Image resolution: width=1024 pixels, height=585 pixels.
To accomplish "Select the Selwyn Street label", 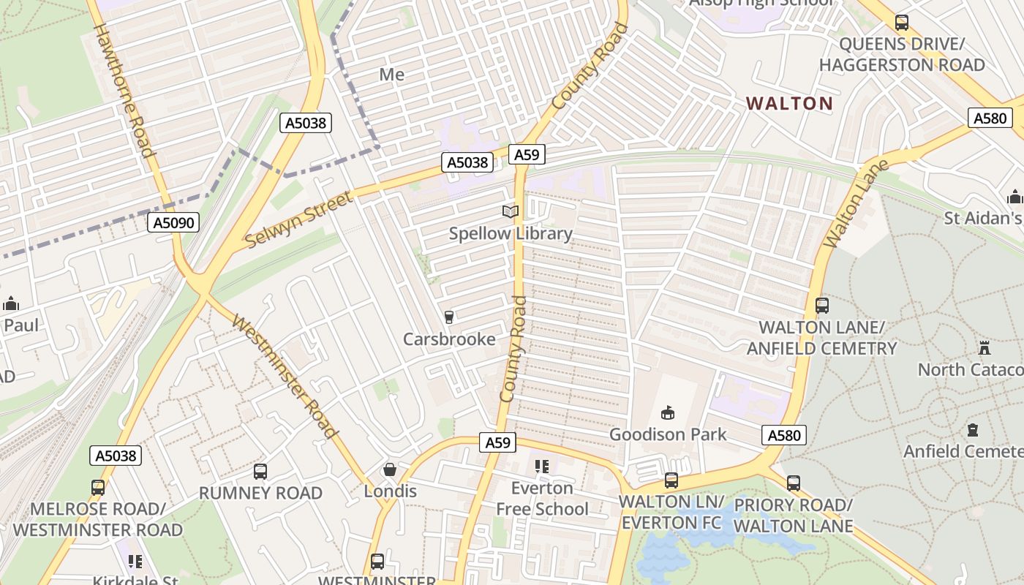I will pyautogui.click(x=298, y=218).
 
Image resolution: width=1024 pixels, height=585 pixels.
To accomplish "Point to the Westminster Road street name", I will pyautogui.click(x=285, y=377).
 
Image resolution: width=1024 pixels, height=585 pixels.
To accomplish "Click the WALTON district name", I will pyautogui.click(x=790, y=104).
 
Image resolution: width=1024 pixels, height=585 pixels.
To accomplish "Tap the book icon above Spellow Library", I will pyautogui.click(x=510, y=212).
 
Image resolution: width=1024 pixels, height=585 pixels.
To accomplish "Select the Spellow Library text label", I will pyautogui.click(x=511, y=233).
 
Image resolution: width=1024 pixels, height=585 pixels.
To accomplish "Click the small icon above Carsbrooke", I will pyautogui.click(x=448, y=317).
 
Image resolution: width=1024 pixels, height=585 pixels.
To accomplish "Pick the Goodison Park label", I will pyautogui.click(x=668, y=434).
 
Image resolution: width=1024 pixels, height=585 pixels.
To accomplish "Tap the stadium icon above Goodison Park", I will pyautogui.click(x=667, y=413).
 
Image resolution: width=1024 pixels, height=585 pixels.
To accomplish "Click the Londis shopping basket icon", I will pyautogui.click(x=391, y=469).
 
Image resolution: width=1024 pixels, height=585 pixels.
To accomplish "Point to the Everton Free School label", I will pyautogui.click(x=542, y=498).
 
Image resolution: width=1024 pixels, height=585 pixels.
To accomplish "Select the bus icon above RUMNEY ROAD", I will pyautogui.click(x=260, y=472).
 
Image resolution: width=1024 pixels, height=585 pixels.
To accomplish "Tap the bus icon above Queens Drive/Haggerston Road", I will pyautogui.click(x=902, y=23).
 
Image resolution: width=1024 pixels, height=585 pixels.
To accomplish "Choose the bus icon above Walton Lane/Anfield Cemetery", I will pyautogui.click(x=822, y=306).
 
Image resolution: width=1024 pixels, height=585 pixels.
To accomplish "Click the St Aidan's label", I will pyautogui.click(x=983, y=218).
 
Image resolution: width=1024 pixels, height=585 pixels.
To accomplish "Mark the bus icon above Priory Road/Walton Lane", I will pyautogui.click(x=794, y=483).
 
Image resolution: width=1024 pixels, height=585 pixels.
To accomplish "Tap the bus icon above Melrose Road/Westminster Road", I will pyautogui.click(x=98, y=487).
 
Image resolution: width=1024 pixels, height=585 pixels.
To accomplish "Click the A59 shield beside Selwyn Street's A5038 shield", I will pyautogui.click(x=527, y=154).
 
